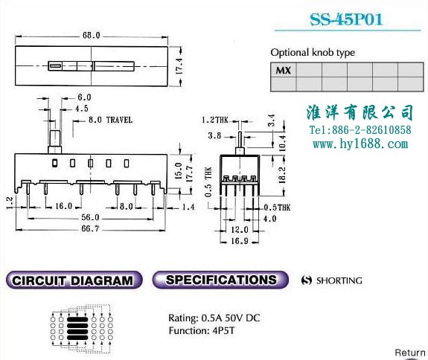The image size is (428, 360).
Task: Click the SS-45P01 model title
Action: (346, 19)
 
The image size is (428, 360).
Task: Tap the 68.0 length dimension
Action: (91, 36)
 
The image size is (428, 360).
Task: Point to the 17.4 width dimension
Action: (179, 66)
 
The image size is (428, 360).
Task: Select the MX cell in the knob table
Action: (283, 71)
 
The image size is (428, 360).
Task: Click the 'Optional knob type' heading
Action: (313, 52)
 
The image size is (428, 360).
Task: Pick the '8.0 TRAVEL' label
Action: (110, 120)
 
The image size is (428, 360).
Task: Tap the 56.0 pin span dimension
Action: (90, 218)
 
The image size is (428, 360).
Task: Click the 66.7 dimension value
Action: (90, 228)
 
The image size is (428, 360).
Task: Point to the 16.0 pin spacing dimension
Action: (63, 206)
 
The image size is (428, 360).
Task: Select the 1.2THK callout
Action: (215, 120)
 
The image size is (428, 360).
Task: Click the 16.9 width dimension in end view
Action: (240, 241)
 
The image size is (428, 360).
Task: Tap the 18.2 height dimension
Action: (282, 175)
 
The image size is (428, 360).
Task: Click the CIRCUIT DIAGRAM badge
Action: (74, 280)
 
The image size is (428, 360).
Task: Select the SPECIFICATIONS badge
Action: (220, 280)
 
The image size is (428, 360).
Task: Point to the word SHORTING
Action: (339, 280)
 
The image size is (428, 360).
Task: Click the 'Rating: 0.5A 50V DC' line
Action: (214, 318)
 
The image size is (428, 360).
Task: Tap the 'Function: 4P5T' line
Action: (202, 330)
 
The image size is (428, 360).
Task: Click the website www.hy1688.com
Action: (360, 144)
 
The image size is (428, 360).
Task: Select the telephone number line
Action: (360, 130)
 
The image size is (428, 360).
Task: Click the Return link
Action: (410, 353)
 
